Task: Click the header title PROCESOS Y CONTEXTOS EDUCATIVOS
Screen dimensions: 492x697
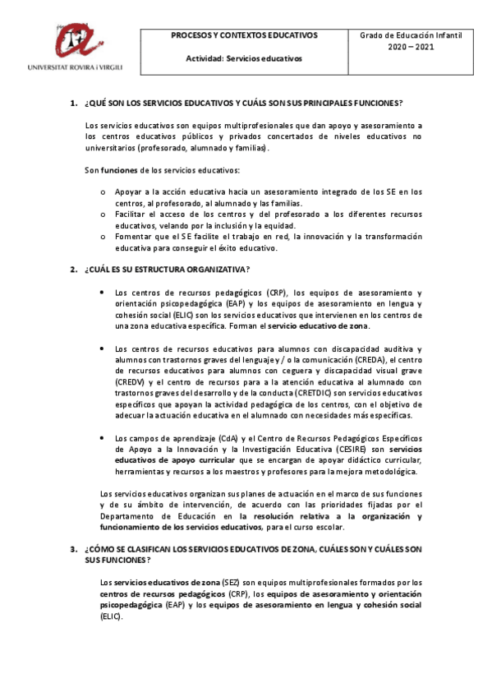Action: click(244, 36)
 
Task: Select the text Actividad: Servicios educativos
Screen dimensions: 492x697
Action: click(244, 59)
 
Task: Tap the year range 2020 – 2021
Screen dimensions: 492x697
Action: click(411, 48)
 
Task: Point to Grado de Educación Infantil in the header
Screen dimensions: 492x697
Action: click(411, 36)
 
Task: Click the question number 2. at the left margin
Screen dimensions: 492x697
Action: click(73, 270)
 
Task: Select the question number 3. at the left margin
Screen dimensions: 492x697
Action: click(73, 548)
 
